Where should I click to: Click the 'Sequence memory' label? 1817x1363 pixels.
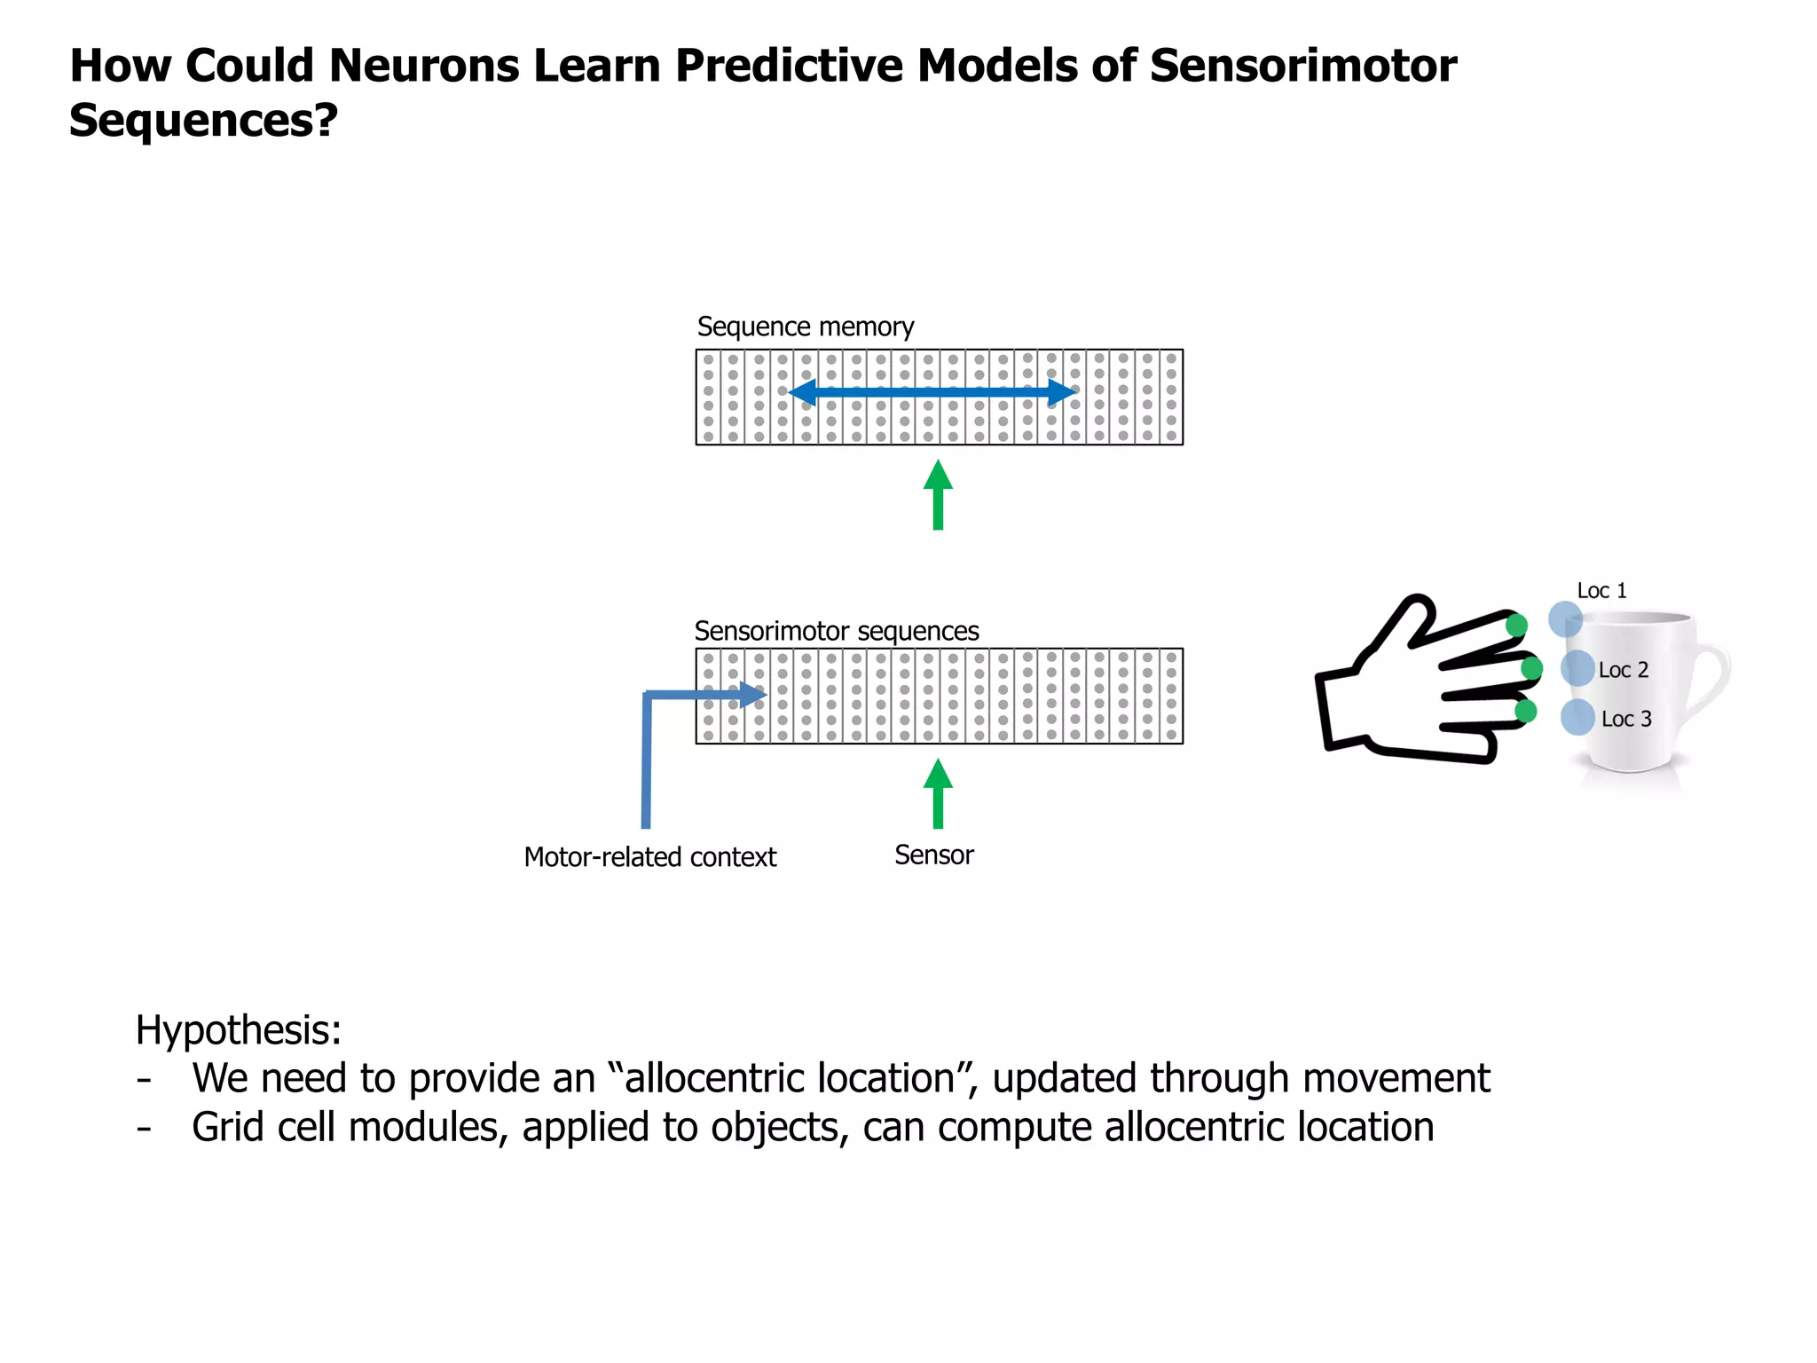(x=805, y=327)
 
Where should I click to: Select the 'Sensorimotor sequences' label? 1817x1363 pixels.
(x=836, y=631)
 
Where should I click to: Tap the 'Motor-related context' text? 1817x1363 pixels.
(x=649, y=857)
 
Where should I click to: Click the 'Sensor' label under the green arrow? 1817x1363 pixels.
(x=933, y=855)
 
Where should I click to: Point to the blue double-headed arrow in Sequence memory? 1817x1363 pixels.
(x=932, y=391)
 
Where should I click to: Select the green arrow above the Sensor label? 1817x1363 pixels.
(x=938, y=793)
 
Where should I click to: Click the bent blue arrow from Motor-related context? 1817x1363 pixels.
(x=647, y=754)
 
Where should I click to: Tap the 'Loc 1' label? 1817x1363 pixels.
(x=1601, y=591)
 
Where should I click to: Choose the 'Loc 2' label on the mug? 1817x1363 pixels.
(x=1623, y=670)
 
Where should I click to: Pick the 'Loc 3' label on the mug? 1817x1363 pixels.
(x=1625, y=719)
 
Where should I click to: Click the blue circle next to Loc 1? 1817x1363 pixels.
(x=1565, y=618)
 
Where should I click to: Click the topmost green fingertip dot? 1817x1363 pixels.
(x=1516, y=626)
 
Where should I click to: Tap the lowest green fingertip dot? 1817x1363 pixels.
(x=1525, y=711)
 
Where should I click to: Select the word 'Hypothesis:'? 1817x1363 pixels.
(x=238, y=1030)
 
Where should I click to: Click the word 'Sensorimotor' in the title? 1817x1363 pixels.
(x=1302, y=66)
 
